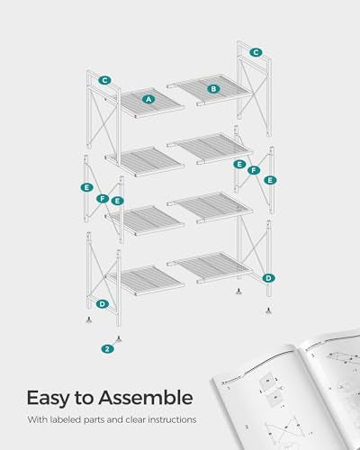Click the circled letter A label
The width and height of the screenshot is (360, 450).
pyautogui.click(x=148, y=98)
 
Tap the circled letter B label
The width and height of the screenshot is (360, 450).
pyautogui.click(x=213, y=88)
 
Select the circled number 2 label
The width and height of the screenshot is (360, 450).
pyautogui.click(x=107, y=348)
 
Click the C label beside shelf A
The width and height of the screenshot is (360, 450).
pyautogui.click(x=104, y=80)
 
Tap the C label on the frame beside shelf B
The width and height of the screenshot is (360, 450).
pyautogui.click(x=256, y=52)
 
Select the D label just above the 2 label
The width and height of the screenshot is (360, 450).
pyautogui.click(x=103, y=304)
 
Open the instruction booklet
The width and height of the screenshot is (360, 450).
pyautogui.click(x=288, y=396)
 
